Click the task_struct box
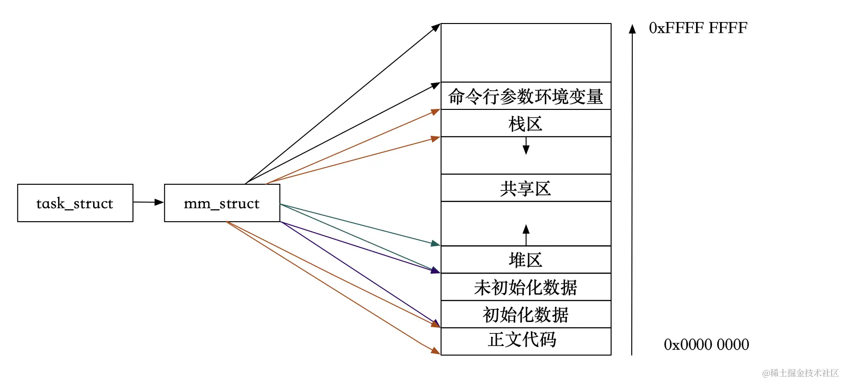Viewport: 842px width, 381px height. coord(75,203)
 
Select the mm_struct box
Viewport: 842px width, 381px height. coord(222,203)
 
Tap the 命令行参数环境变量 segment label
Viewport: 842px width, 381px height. coord(526,96)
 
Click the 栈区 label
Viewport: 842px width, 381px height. coord(526,124)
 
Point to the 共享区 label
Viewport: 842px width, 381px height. coord(526,189)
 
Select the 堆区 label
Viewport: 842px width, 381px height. coord(526,260)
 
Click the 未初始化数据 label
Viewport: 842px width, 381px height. coord(526,287)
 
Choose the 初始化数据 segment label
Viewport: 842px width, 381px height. coord(526,315)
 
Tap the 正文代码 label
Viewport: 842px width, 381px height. coord(522,340)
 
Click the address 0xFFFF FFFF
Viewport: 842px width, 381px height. coord(698,28)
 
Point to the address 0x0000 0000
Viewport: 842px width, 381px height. coord(706,345)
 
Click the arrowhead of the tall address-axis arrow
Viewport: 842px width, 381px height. coord(632,29)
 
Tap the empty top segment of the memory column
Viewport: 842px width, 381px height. coord(526,53)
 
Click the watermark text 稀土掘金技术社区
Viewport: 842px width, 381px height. coord(801,373)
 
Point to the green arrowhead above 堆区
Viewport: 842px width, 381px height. coord(435,244)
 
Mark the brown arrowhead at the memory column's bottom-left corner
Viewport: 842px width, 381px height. coord(436,351)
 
